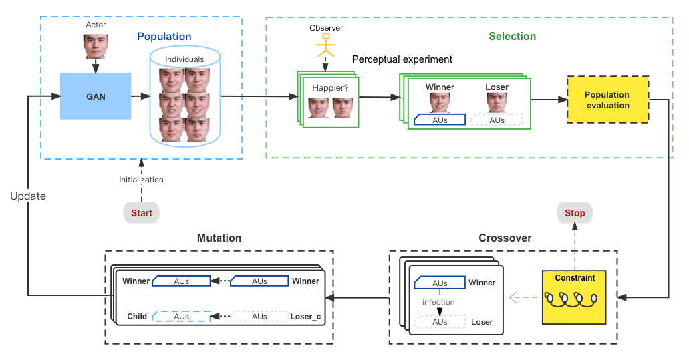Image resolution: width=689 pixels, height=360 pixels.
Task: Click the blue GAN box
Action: coord(96,96)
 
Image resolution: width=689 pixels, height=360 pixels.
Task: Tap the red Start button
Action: coord(141,213)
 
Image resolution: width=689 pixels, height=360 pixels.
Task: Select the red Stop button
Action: coord(575,213)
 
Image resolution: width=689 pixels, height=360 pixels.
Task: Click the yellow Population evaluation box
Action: coord(607,100)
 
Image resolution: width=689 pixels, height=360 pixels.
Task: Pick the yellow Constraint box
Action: coord(575,296)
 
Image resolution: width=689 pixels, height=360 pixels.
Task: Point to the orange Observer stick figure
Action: coord(326,47)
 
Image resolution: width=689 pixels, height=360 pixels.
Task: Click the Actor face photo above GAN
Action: coord(96,47)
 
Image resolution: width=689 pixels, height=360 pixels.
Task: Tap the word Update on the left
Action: coord(27,196)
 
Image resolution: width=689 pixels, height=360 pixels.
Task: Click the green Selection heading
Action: coord(512,36)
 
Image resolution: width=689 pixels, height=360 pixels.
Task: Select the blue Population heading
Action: coord(164,37)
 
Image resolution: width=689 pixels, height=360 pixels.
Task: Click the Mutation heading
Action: coord(219,238)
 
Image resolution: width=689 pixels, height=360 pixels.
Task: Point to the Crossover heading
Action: coord(505,238)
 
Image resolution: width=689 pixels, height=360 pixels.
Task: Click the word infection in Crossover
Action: coord(438,302)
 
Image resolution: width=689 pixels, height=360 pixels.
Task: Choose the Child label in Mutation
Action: coord(137,316)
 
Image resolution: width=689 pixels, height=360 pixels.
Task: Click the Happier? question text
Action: coord(329,87)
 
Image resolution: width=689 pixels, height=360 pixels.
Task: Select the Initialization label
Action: coord(141,180)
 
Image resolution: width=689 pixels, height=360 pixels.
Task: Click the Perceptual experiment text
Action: coord(402,59)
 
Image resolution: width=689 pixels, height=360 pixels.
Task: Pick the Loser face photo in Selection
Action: coord(497,102)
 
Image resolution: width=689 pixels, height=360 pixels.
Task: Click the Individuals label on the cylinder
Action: coord(184,59)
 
